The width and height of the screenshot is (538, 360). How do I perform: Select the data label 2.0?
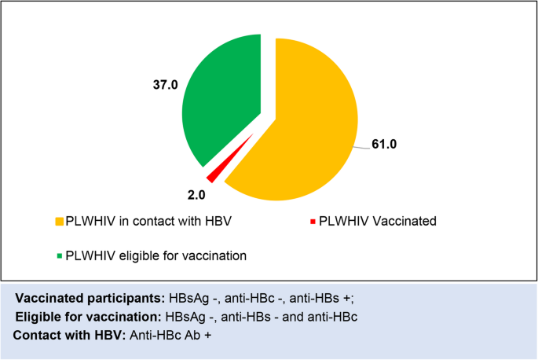(195, 193)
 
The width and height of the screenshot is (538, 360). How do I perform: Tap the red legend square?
(313, 222)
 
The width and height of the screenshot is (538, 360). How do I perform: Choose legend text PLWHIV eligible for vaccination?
(156, 255)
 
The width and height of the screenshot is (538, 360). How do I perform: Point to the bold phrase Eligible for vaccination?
(87, 317)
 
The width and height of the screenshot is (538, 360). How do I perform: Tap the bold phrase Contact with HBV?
(66, 336)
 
